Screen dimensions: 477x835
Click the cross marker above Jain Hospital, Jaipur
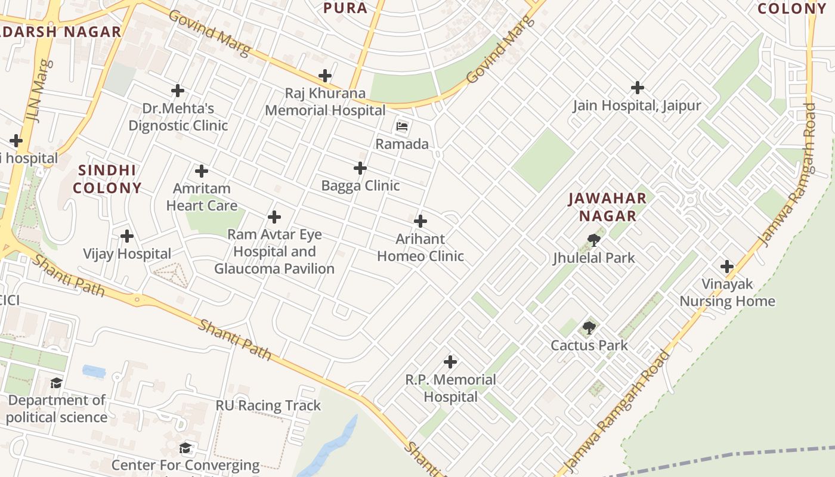coord(637,88)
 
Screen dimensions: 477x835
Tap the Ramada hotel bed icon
coord(402,126)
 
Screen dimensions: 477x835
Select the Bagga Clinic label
coord(360,185)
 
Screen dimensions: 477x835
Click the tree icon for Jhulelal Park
coord(593,240)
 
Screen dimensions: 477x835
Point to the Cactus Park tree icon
coord(589,327)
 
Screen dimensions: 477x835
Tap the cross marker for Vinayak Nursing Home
coord(726,266)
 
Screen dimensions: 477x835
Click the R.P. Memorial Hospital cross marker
coord(450,361)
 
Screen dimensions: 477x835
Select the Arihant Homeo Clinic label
coord(420,247)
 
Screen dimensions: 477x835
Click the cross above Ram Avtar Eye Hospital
coord(274,217)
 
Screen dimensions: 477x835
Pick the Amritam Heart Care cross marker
coord(202,171)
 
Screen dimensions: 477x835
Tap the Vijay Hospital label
coord(127,254)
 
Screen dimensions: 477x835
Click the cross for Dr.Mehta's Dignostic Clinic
coord(177,91)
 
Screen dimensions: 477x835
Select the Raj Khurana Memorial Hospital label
coord(325,102)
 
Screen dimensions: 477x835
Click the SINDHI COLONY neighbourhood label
coord(107,179)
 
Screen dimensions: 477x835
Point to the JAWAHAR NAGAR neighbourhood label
coord(607,207)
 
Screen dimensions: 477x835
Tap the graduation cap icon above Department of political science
coord(56,383)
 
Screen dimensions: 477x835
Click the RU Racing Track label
coord(268,405)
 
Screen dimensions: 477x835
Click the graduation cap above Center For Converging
coord(185,448)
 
